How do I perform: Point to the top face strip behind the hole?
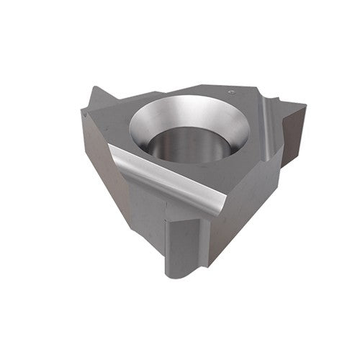tap(180, 94)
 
